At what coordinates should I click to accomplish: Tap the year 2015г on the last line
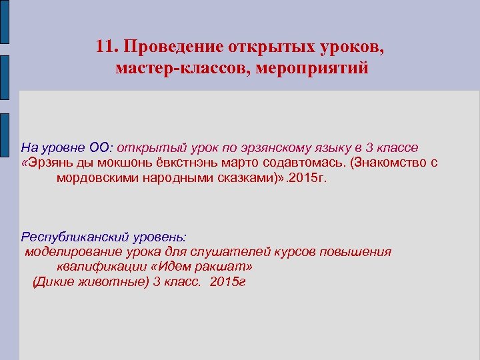point(227,282)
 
